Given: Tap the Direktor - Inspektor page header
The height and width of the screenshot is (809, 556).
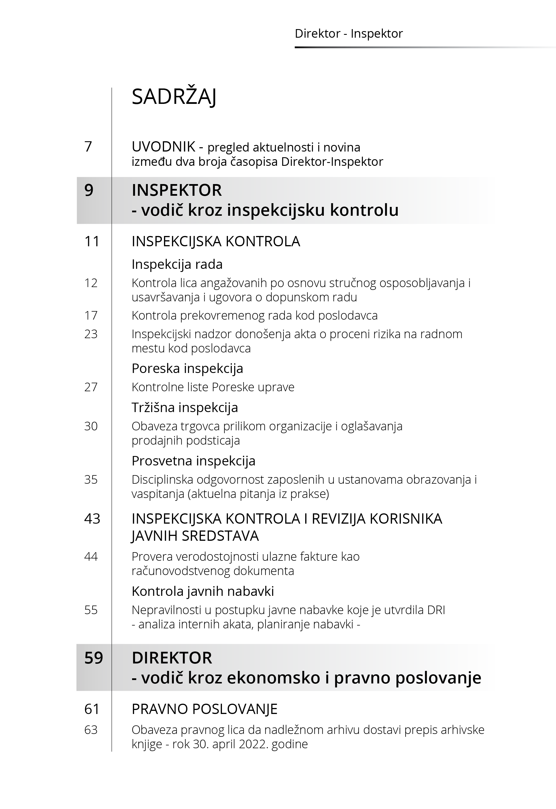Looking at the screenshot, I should click(348, 33).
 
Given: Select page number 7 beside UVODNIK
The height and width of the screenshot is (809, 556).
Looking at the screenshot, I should click(88, 147).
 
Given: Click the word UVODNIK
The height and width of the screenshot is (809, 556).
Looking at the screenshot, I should click(163, 147).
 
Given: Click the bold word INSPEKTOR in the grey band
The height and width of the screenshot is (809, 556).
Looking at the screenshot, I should click(177, 190).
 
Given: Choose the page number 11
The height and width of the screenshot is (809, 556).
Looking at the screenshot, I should click(92, 241).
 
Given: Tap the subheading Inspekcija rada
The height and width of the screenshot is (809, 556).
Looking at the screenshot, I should click(177, 265).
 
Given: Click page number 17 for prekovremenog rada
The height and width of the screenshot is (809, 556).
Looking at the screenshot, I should click(91, 316).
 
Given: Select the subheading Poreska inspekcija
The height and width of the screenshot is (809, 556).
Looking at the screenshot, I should click(187, 369).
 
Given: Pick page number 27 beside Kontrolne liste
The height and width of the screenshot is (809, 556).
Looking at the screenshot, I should click(91, 387).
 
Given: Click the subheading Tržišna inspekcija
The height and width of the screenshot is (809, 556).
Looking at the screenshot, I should click(185, 407).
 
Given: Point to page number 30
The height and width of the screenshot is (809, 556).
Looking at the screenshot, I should click(91, 426).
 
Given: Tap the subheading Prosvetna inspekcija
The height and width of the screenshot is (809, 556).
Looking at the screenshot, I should click(193, 461).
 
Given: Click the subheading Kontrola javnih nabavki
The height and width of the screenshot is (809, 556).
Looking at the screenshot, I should click(203, 591).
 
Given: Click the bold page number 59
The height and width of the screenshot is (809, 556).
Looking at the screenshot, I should click(94, 658).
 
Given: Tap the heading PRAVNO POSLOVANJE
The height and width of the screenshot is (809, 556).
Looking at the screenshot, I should click(205, 709).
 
